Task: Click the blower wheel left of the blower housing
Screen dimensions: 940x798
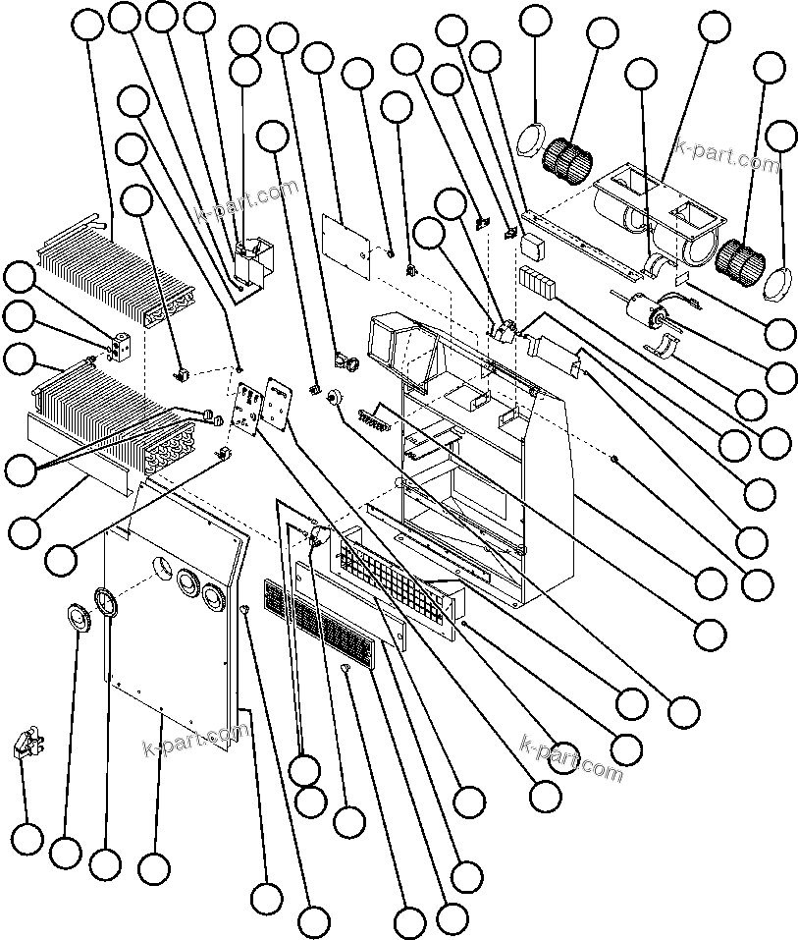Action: click(x=565, y=156)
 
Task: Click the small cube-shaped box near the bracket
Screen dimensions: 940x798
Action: click(x=533, y=242)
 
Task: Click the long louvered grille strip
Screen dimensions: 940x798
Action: click(x=319, y=629)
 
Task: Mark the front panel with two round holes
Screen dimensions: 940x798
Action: click(x=177, y=609)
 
